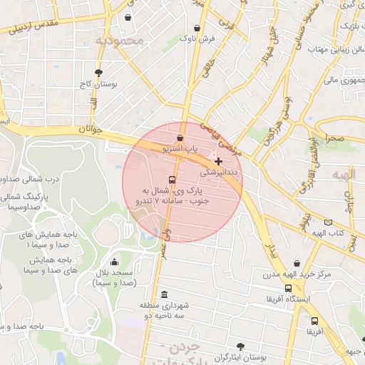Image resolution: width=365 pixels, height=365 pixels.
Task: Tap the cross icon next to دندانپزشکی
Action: point(218,162)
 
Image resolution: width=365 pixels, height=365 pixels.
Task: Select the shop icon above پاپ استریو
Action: point(179,138)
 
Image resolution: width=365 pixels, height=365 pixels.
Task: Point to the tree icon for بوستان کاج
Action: point(98,73)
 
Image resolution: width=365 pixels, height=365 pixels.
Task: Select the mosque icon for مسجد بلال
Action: point(115,262)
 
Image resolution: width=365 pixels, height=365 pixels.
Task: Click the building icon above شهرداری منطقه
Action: point(165,294)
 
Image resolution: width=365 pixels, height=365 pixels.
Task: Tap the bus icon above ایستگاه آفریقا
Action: point(288,288)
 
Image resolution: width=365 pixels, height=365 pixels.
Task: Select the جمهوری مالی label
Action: point(340,80)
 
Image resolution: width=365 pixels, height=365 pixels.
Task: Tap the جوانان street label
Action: point(91,129)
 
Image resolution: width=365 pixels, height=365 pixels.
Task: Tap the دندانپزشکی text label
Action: point(220,173)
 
